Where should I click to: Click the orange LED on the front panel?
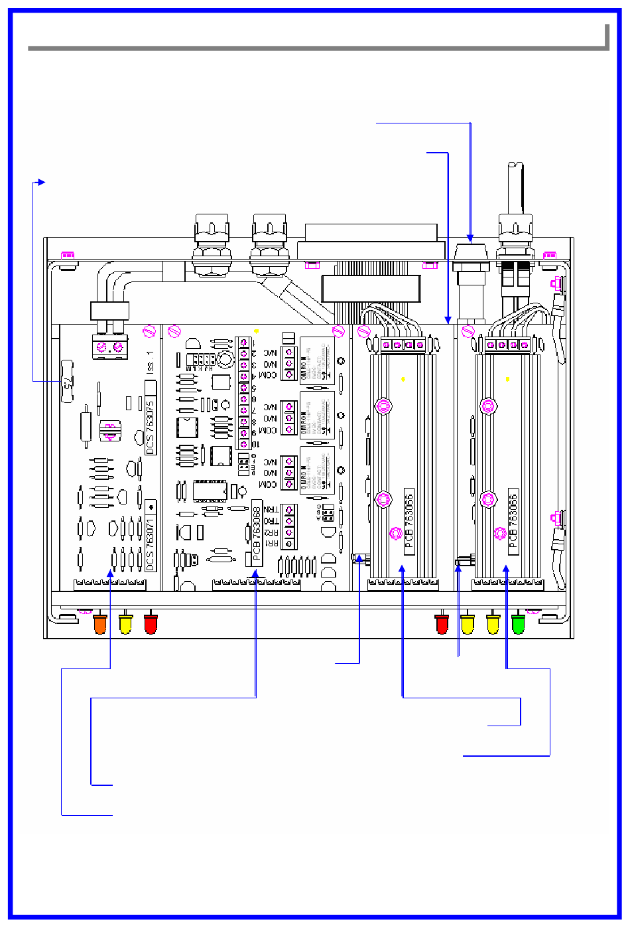click(100, 624)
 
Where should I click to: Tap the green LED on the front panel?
click(518, 624)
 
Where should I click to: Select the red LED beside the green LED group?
click(442, 624)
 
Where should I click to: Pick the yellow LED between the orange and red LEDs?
click(125, 624)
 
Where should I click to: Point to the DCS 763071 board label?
click(151, 543)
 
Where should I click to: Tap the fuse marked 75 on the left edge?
click(67, 381)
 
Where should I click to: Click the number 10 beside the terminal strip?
click(254, 443)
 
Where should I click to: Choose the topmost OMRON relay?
click(317, 362)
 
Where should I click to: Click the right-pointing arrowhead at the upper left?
click(41, 182)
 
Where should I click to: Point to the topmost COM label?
click(269, 376)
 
